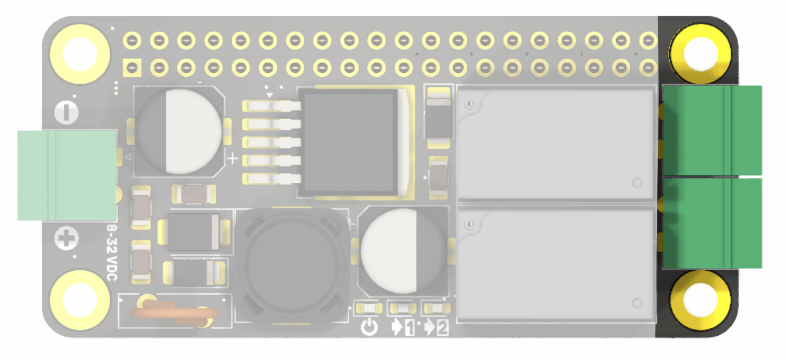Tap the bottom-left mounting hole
coord(80,298)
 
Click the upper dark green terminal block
coord(712,130)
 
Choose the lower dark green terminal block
coord(712,223)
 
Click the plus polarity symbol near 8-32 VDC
coord(67,239)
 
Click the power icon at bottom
coord(368,327)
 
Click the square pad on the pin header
coord(132,68)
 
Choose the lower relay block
coord(556,264)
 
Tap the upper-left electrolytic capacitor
coord(179,131)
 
